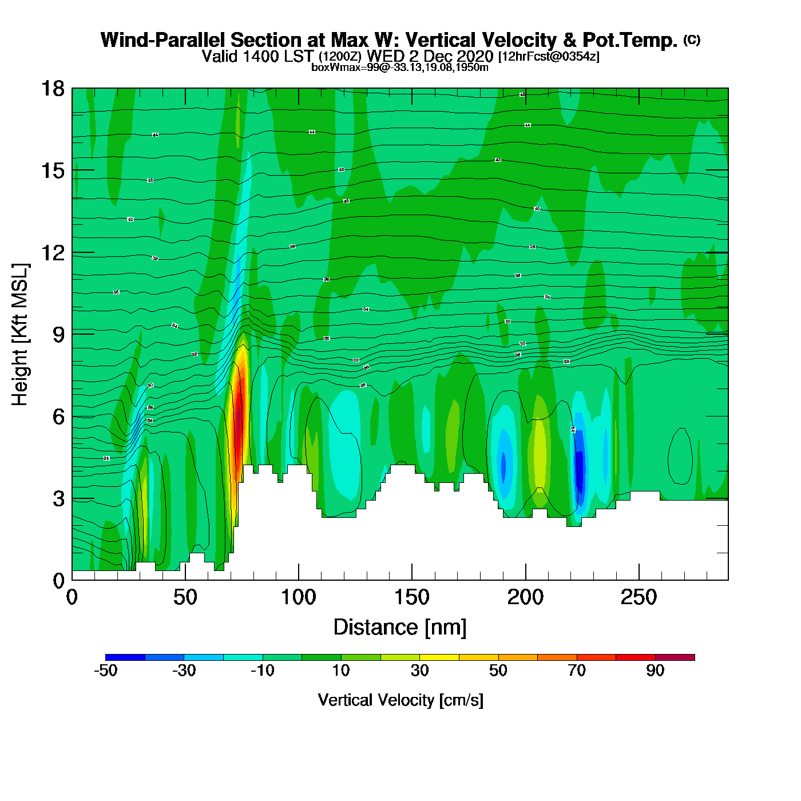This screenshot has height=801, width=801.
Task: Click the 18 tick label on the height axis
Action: (53, 89)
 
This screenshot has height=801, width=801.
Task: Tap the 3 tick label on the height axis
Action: (58, 499)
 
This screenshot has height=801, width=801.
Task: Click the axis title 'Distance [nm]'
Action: (400, 628)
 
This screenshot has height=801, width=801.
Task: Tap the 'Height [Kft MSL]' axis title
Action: (20, 335)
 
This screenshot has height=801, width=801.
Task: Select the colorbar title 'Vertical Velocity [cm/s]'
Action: (400, 700)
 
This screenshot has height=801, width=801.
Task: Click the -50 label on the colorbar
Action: (105, 671)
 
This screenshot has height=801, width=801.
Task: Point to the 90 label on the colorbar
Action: (655, 671)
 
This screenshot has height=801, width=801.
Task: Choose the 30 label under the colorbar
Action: (419, 671)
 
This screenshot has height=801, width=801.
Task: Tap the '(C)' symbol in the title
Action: (692, 39)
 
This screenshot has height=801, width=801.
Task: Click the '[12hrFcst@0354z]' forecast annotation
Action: (549, 57)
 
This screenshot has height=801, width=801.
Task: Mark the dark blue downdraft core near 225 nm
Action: (579, 466)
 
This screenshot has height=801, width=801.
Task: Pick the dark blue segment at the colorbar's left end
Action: (125, 657)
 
